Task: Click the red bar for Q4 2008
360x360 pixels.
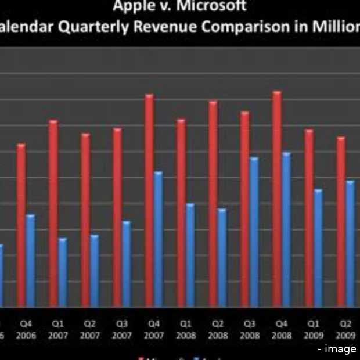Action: pyautogui.click(x=278, y=200)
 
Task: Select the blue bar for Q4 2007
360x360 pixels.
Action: pyautogui.click(x=159, y=239)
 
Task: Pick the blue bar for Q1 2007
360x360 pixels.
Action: pyautogui.click(x=63, y=272)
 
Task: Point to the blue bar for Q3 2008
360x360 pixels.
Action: pyautogui.click(x=254, y=232)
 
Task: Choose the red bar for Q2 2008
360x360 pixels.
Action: pyautogui.click(x=213, y=204)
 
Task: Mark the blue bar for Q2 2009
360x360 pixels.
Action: pyautogui.click(x=350, y=244)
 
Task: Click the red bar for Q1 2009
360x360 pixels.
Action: pyautogui.click(x=309, y=218)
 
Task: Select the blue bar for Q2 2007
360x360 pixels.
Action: pyautogui.click(x=95, y=271)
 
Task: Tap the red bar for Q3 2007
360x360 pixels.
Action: pyautogui.click(x=117, y=218)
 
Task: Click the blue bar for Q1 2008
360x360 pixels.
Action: pyautogui.click(x=190, y=255)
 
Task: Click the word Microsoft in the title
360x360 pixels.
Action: pyautogui.click(x=213, y=7)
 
